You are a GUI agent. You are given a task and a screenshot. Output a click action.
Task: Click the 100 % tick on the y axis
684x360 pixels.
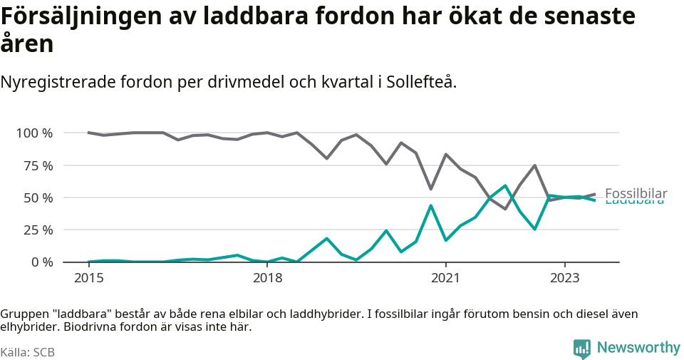coord(34,133)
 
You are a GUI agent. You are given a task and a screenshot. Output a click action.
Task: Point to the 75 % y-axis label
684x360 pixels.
coord(37,165)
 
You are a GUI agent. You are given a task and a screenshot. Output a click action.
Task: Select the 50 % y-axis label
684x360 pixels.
coord(37,197)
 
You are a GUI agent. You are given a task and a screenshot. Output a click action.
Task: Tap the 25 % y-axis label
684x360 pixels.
coord(37,230)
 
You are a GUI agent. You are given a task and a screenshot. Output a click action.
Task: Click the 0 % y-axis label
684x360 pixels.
coord(41,262)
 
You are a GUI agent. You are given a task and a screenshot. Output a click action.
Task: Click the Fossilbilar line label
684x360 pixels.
coord(636,193)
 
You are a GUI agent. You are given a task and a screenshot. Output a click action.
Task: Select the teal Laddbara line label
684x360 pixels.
coord(634,202)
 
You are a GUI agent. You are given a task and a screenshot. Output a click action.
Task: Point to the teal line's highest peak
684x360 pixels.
coord(505,185)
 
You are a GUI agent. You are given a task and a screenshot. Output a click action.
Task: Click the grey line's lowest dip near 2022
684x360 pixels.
coord(505,209)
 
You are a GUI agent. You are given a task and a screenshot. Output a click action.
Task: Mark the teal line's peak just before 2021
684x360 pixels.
coord(431,205)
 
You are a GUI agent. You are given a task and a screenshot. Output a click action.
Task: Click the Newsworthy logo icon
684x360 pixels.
coord(581,349)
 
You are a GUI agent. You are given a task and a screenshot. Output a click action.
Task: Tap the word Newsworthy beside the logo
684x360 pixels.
coord(638,348)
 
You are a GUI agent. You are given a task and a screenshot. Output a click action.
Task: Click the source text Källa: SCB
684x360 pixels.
coord(28,352)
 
